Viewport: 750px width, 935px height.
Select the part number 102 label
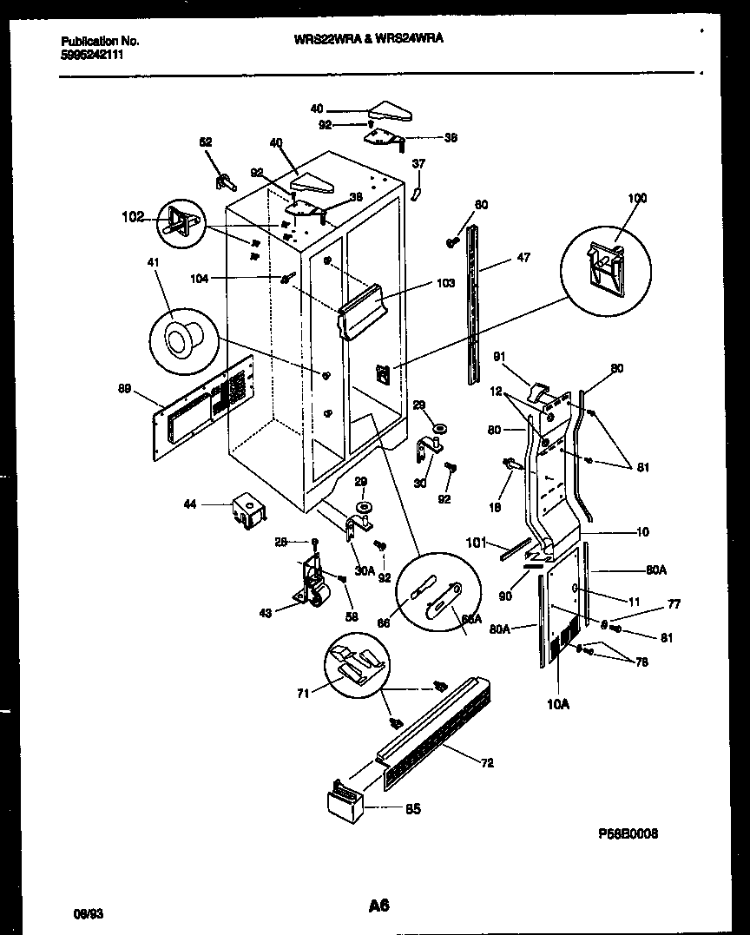pos(132,218)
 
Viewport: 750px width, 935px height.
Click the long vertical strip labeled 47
pos(472,304)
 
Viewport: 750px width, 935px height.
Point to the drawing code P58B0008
pos(628,833)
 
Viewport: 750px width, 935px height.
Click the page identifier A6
pos(378,905)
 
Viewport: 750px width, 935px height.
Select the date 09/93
pos(84,913)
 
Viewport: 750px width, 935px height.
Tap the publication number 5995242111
pos(93,54)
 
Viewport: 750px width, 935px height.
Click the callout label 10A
pos(557,704)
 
